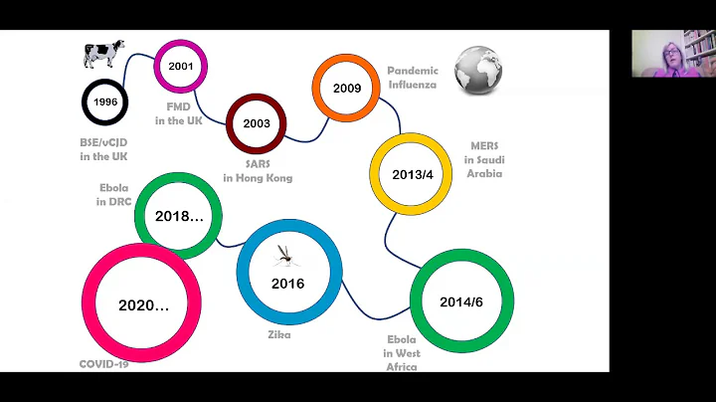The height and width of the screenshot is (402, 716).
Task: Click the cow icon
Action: pyautogui.click(x=103, y=54)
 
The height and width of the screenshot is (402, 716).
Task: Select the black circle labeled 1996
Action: pyautogui.click(x=104, y=101)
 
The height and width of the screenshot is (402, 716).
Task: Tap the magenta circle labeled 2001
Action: pyautogui.click(x=181, y=66)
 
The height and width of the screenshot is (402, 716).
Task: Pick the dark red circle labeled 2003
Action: pyautogui.click(x=257, y=124)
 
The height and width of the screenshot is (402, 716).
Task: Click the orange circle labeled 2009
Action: pyautogui.click(x=347, y=89)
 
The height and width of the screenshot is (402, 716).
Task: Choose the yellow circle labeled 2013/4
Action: pyautogui.click(x=411, y=174)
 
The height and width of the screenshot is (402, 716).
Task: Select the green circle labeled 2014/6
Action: pyautogui.click(x=461, y=301)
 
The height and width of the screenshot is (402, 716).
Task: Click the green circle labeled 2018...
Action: pyautogui.click(x=178, y=215)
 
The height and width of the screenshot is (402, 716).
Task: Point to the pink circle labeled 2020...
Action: pyautogui.click(x=142, y=303)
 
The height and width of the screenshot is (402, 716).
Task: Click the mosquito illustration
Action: pyautogui.click(x=286, y=256)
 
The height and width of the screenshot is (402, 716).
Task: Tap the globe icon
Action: pyautogui.click(x=478, y=70)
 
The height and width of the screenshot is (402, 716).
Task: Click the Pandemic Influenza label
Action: pyautogui.click(x=412, y=79)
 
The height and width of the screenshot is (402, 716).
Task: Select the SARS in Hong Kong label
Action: pyautogui.click(x=258, y=170)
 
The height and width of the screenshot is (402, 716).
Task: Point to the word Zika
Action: pyautogui.click(x=278, y=335)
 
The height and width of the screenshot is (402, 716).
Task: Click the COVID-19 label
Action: pyautogui.click(x=104, y=364)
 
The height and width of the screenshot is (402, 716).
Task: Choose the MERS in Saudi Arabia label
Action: pyautogui.click(x=484, y=159)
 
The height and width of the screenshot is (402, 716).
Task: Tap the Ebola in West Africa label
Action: pyautogui.click(x=402, y=353)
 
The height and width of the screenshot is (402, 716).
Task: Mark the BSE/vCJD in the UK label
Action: pyautogui.click(x=103, y=149)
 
